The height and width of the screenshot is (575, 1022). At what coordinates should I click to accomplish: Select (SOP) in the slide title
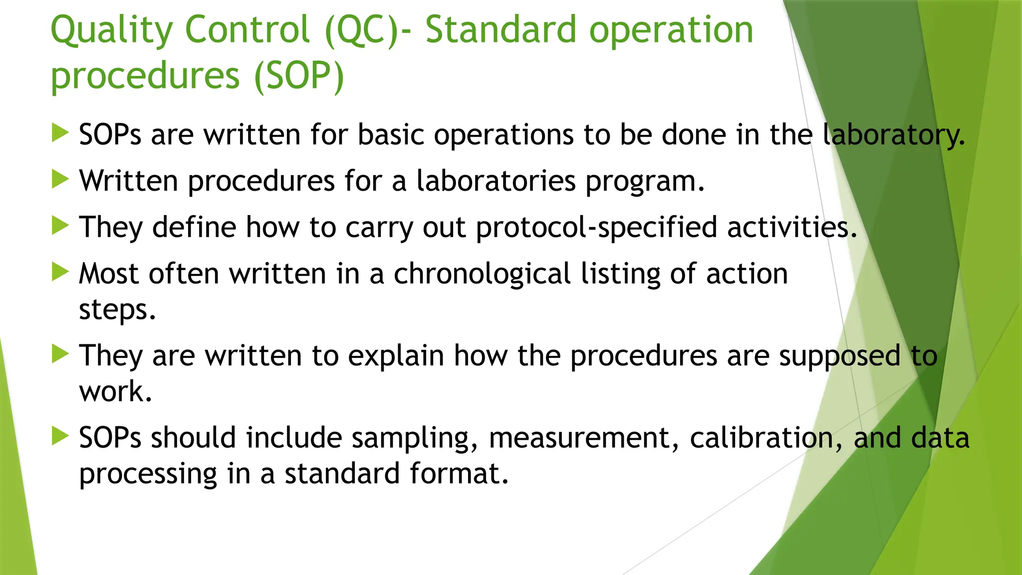[x=299, y=76]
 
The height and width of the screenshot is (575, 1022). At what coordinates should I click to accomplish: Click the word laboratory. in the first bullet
[x=893, y=135]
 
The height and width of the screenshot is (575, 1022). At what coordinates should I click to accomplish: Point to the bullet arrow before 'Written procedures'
[x=60, y=179]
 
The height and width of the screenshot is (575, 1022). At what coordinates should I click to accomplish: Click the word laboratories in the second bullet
[x=496, y=181]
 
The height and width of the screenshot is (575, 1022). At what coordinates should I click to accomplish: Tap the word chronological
[x=482, y=274]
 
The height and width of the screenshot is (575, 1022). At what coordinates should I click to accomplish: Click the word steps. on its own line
[x=117, y=310]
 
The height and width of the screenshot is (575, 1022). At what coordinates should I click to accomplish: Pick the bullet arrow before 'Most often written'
[x=60, y=273]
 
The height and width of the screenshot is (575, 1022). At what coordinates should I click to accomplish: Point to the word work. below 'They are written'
[x=115, y=391]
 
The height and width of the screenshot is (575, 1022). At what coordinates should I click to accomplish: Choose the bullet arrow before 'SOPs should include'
[x=60, y=436]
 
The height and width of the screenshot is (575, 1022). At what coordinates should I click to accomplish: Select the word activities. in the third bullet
[x=792, y=228]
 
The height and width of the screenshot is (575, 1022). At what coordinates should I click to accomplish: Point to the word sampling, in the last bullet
[x=414, y=439]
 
